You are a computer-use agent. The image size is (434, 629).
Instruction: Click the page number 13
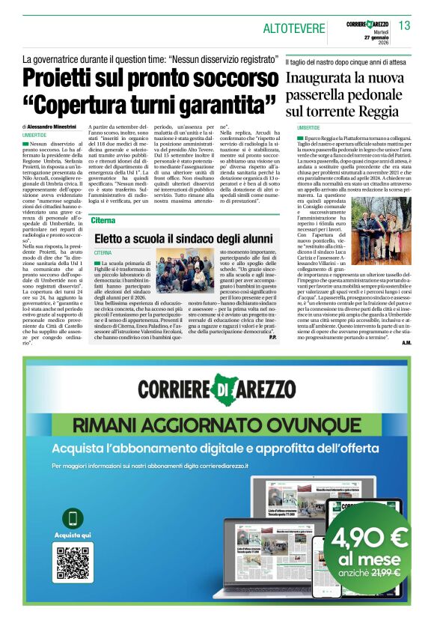pyautogui.click(x=404, y=25)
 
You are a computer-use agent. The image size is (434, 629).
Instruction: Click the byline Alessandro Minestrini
pyautogui.click(x=61, y=127)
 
